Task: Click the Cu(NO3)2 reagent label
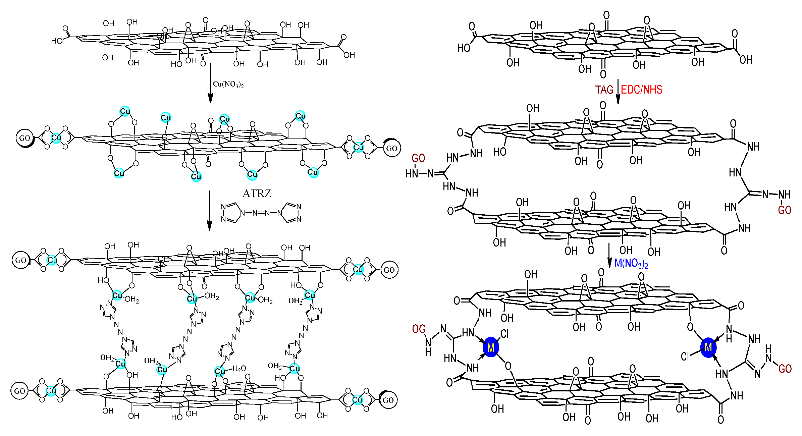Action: [x=228, y=84]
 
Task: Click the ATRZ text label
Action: [x=257, y=194]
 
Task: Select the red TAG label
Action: [x=604, y=90]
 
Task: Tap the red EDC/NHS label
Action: [x=641, y=90]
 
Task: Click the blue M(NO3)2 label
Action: [x=631, y=264]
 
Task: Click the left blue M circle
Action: [x=491, y=347]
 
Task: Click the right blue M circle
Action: [x=708, y=347]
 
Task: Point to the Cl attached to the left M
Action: [x=504, y=334]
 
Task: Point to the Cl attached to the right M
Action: [x=685, y=357]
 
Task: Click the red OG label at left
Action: [x=419, y=329]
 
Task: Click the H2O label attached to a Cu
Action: [x=239, y=369]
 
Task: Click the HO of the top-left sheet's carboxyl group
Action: [x=57, y=41]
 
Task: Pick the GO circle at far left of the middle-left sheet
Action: [x=25, y=138]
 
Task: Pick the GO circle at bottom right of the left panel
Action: [x=388, y=400]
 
